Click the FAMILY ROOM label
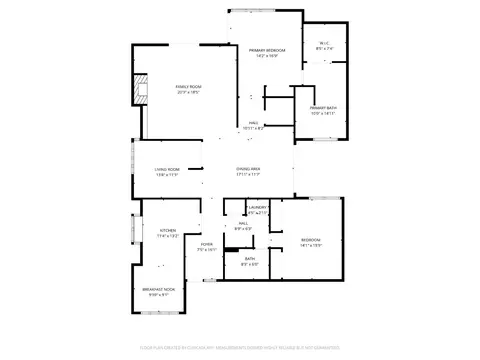click(x=189, y=87)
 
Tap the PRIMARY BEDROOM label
click(x=268, y=50)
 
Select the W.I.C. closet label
click(x=323, y=44)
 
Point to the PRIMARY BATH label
click(x=323, y=107)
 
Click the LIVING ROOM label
click(x=166, y=169)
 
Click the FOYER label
click(x=206, y=243)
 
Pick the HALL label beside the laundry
click(x=242, y=225)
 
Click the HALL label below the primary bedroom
click(x=253, y=123)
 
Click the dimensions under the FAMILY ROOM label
click(x=189, y=93)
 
